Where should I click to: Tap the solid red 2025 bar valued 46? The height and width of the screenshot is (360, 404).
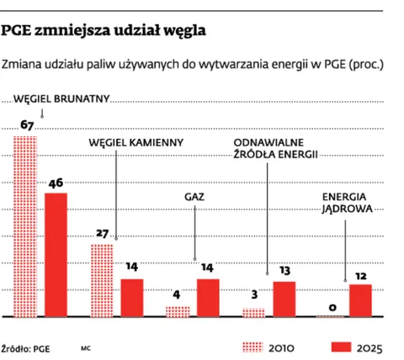(56, 254)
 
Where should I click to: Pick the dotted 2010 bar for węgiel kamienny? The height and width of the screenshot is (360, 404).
(102, 280)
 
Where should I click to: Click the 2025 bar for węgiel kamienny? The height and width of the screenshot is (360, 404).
(132, 297)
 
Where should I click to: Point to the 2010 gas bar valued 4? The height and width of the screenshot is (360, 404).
(178, 311)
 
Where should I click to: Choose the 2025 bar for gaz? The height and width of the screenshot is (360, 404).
(207, 297)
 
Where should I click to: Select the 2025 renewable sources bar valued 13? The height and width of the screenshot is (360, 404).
(284, 299)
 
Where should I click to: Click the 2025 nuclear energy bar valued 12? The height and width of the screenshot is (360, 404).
(360, 300)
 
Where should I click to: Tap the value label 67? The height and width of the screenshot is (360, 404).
(26, 126)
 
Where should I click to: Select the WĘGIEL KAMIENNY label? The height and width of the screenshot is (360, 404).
(136, 142)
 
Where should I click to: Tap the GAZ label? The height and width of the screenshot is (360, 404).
(195, 198)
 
